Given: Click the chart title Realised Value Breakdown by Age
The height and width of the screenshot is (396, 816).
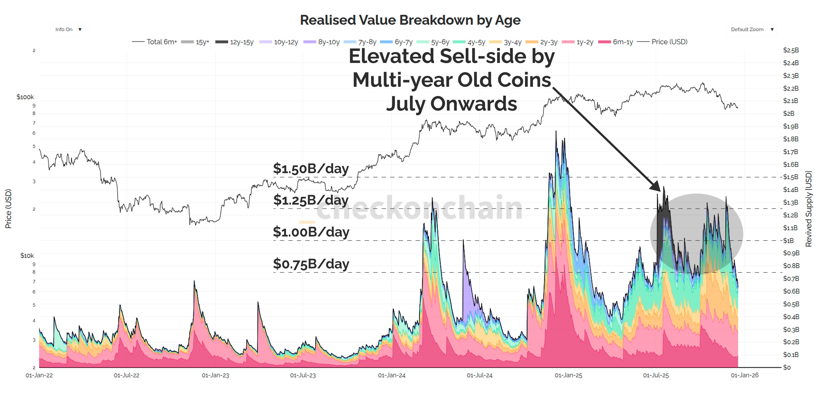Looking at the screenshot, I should [x=410, y=20].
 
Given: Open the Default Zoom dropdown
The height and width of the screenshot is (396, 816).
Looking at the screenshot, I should [x=751, y=30].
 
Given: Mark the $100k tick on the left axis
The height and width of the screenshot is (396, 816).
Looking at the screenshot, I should [x=25, y=97].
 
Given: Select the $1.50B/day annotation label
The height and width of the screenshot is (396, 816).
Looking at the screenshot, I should [x=311, y=168].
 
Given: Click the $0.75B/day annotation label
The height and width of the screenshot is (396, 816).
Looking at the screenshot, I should [x=311, y=264].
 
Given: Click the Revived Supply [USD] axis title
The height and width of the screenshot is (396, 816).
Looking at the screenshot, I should [x=809, y=209].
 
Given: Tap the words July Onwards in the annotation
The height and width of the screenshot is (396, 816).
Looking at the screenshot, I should [x=451, y=104].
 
